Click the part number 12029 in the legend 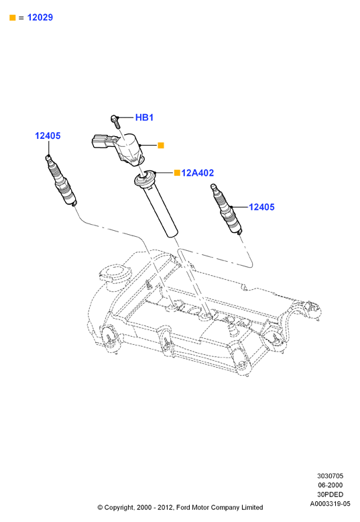(40, 17)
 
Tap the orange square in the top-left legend (13, 17)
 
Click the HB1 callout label (144, 117)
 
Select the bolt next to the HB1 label (115, 121)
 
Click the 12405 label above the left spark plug (48, 136)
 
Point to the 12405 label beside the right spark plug (261, 207)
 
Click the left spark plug (61, 180)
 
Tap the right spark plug (226, 209)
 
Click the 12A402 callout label (197, 173)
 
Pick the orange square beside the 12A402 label (178, 172)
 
